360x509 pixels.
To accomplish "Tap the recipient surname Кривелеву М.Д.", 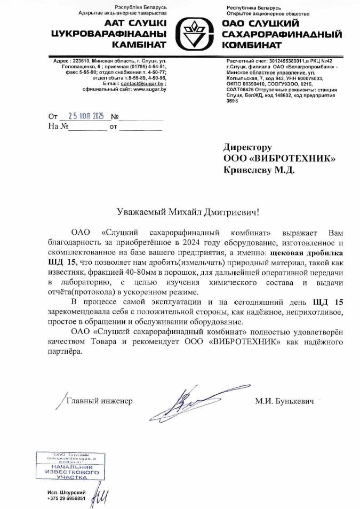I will [x=258, y=170].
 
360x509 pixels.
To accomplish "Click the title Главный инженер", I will [x=99, y=400].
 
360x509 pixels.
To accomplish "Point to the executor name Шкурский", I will [x=71, y=491].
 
